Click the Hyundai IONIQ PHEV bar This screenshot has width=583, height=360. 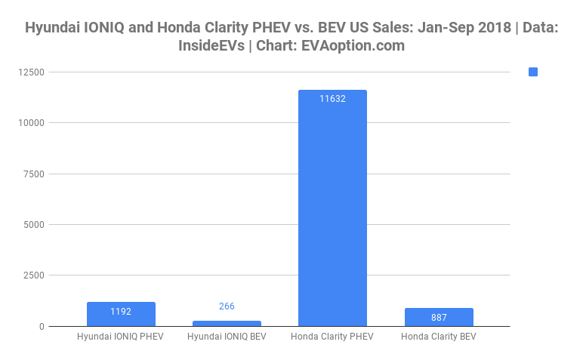click(x=121, y=314)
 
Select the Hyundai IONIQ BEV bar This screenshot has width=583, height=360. click(x=227, y=323)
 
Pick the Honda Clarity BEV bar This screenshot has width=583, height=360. click(x=438, y=317)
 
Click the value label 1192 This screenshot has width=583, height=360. click(x=121, y=310)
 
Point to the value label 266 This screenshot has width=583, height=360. click(x=227, y=306)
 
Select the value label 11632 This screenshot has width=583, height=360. click(x=332, y=98)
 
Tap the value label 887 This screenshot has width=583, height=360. click(x=438, y=317)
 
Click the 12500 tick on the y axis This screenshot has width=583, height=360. click(x=32, y=72)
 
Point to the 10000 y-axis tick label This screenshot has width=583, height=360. click(x=32, y=123)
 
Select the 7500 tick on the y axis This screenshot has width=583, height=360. click(x=34, y=174)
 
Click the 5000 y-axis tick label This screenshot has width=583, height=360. click(x=34, y=225)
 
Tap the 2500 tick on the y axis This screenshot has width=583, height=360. click(x=34, y=275)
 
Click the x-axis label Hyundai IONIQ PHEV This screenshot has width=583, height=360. click(x=121, y=336)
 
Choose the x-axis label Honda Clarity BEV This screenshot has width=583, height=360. click(x=438, y=336)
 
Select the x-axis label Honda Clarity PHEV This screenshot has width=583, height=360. click(x=332, y=336)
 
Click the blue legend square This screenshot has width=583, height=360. click(x=533, y=72)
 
